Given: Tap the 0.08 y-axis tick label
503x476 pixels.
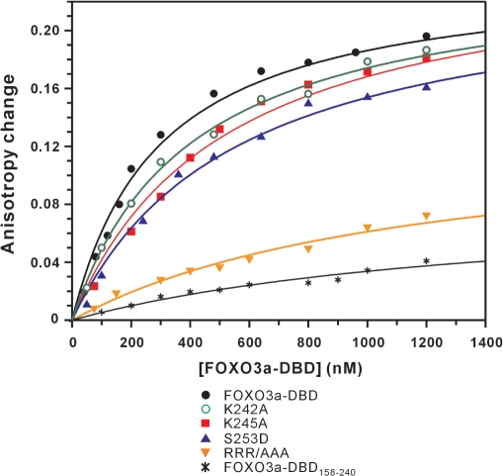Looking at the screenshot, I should [x=45, y=204].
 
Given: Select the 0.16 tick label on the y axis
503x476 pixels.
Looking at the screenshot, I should [x=45, y=88].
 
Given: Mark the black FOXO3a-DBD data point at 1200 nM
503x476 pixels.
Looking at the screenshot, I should [x=426, y=37].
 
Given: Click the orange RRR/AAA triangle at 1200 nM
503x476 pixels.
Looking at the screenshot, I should [x=426, y=216].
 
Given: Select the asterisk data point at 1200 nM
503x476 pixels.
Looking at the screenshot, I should [x=426, y=261].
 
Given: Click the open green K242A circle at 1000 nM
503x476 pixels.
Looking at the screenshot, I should [x=368, y=61].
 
